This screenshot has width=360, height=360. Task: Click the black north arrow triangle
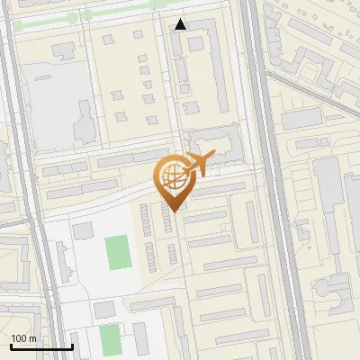(181, 24)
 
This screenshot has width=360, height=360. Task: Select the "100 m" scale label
(24, 338)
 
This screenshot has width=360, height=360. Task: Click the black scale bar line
(41, 346)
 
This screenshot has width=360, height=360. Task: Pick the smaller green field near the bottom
(110, 339)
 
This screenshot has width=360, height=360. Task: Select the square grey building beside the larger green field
(83, 231)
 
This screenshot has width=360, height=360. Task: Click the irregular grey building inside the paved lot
(84, 121)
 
